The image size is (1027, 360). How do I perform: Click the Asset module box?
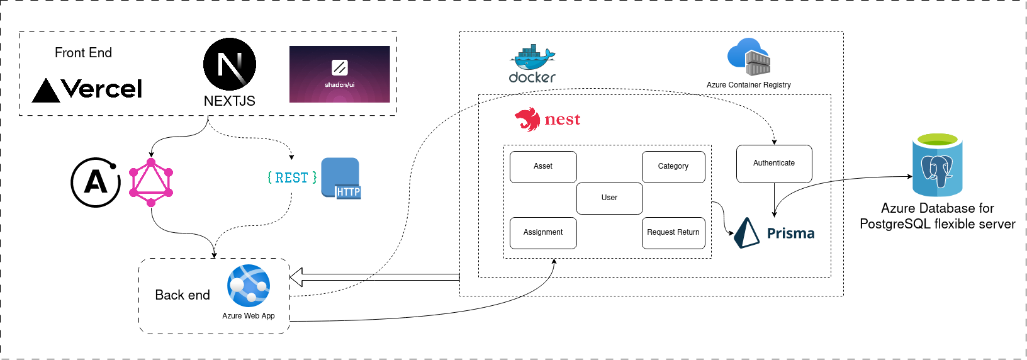point(542,167)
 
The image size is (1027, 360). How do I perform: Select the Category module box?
point(673,167)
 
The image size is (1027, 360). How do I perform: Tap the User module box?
point(609,198)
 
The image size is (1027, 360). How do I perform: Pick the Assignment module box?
point(542,233)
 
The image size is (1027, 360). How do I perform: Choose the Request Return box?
point(673,233)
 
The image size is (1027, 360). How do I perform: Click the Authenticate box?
point(774,164)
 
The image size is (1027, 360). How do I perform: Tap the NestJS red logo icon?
point(527,119)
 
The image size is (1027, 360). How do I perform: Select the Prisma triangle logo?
point(747,233)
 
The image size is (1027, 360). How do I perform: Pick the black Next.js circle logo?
point(230,64)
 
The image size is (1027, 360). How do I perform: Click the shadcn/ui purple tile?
point(339,74)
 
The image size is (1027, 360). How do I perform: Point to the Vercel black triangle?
point(46,91)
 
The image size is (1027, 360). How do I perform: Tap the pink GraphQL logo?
point(151,183)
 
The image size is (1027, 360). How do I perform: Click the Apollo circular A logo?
point(96,183)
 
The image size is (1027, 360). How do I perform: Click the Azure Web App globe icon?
point(249,286)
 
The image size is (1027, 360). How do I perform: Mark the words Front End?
point(83,53)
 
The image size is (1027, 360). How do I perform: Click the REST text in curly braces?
point(292,178)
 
